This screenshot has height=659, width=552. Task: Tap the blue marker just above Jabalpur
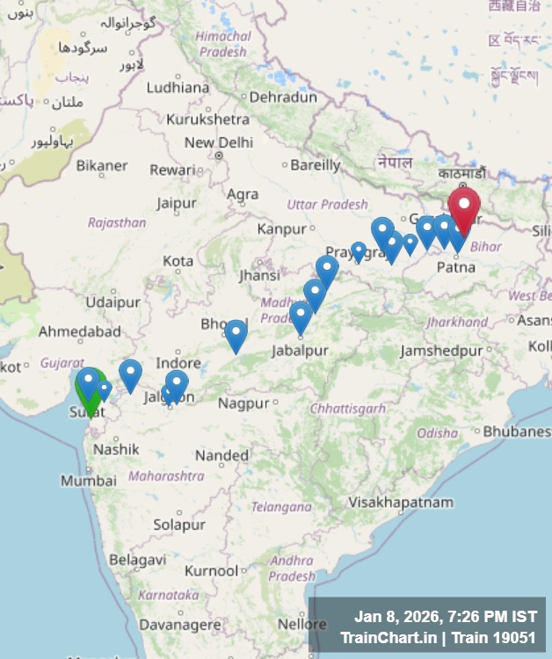click(x=301, y=315)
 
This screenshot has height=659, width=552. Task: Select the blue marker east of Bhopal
click(x=236, y=333)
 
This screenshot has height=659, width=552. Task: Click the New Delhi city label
click(x=218, y=142)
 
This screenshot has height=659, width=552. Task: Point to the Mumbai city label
click(x=88, y=481)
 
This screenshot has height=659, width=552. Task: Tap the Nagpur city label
click(x=243, y=403)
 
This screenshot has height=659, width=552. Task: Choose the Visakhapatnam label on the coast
click(x=401, y=503)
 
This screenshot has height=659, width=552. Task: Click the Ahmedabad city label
click(x=79, y=332)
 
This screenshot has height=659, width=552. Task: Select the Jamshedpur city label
click(x=441, y=351)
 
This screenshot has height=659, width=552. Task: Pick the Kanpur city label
click(x=281, y=229)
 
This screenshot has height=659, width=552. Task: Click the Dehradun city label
click(x=282, y=98)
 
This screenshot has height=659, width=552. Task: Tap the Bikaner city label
click(x=102, y=165)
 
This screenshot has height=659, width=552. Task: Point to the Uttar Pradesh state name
click(x=327, y=204)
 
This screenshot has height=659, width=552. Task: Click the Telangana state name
click(x=281, y=507)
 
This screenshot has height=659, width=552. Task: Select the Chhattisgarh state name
click(x=347, y=409)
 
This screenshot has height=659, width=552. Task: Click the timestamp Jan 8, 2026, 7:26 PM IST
click(x=445, y=616)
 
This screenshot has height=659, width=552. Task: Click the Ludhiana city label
click(x=178, y=87)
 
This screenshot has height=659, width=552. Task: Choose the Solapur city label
click(x=179, y=525)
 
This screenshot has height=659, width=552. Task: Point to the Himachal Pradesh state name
click(x=222, y=44)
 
